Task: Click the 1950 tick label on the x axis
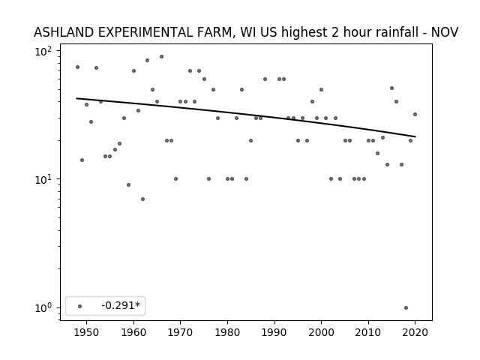coord(87,332)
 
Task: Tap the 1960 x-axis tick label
coord(133,332)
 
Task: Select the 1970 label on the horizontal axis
coord(181,332)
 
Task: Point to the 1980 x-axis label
coord(227,332)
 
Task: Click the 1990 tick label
coord(274,332)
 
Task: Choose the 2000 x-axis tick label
coord(322,332)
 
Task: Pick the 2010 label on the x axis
coord(368,332)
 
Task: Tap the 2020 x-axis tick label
coord(415,332)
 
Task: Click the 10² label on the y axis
coord(43,51)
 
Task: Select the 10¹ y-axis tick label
coord(43,179)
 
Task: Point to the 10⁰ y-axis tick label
coord(43,307)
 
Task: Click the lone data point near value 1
coord(406,308)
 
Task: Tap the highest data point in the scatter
coord(161,57)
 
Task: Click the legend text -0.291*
coord(121,305)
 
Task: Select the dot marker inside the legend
coord(80,306)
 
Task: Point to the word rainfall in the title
coord(397,32)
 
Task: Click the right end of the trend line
coord(415,136)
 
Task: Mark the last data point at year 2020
coord(415,115)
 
